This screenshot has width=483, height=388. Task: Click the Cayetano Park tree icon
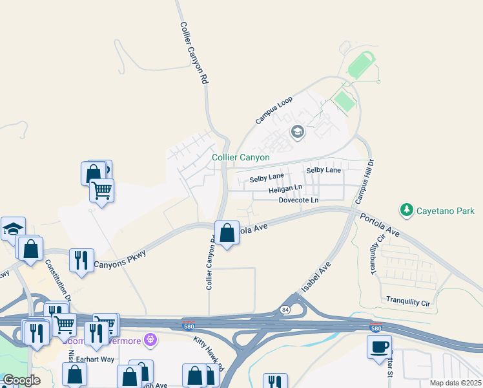pos(407,210)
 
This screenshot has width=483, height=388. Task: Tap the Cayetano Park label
pos(446,211)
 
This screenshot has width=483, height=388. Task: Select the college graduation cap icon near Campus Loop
pos(297,133)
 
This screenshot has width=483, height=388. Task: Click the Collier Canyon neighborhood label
pos(241,157)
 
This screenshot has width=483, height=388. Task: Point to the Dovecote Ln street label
pos(298,200)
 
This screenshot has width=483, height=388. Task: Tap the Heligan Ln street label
pos(285,189)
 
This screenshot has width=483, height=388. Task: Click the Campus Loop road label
pos(274,110)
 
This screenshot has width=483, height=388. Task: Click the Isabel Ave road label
pos(316,276)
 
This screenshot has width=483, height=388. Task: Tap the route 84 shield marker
pos(285,310)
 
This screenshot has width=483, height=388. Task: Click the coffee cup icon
pos(379,347)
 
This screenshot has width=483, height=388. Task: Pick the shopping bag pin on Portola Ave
pos(227,233)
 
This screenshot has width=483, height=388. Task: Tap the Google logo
pos(21,380)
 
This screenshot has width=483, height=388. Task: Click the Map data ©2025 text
pos(455,383)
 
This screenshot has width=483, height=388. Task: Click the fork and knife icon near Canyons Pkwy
pos(81,261)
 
